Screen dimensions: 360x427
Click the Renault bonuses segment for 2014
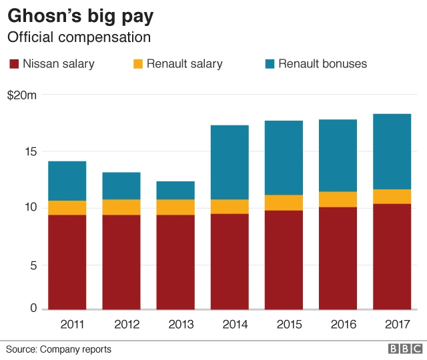click(x=230, y=162)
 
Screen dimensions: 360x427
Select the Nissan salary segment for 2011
click(x=67, y=262)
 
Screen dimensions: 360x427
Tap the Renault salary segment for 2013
click(x=175, y=207)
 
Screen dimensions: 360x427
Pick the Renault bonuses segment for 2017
click(x=392, y=151)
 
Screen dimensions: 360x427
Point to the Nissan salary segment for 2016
click(x=338, y=258)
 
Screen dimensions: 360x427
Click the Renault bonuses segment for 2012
click(x=121, y=186)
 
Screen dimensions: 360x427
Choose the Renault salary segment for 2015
click(x=284, y=203)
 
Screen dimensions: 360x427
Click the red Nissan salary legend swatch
click(x=14, y=64)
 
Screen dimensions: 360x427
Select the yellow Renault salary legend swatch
click(x=138, y=64)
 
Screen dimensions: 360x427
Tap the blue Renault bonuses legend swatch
click(x=270, y=64)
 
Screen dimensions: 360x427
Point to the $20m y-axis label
click(x=22, y=95)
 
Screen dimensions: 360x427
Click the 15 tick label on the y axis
click(x=30, y=152)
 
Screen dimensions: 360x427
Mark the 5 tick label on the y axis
click(x=33, y=265)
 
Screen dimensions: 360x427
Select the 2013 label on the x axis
click(x=180, y=325)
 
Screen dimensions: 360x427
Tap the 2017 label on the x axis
click(x=397, y=325)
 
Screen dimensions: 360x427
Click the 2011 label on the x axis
click(x=72, y=325)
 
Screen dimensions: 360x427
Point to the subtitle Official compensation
click(x=78, y=37)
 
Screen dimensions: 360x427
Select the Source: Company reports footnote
click(x=59, y=349)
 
